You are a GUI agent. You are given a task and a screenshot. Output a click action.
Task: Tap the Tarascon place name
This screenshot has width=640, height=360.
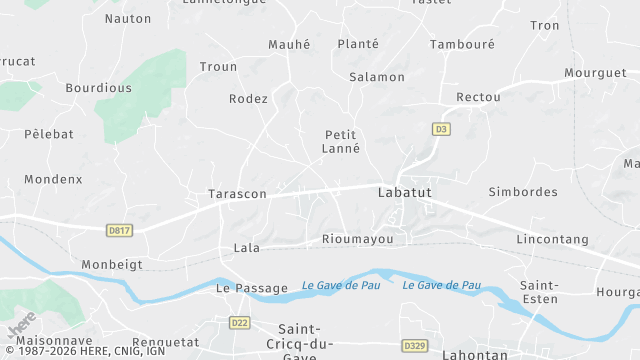[x=237, y=194]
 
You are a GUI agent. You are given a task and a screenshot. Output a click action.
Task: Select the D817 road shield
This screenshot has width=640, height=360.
[x=119, y=231]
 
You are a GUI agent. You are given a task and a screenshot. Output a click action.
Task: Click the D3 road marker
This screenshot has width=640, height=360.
[x=440, y=129]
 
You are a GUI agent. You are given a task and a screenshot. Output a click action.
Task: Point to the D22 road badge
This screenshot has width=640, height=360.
[x=239, y=322]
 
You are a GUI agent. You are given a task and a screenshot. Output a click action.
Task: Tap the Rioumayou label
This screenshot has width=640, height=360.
[x=364, y=239]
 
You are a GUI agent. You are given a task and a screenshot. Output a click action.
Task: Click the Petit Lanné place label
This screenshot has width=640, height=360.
[x=342, y=141]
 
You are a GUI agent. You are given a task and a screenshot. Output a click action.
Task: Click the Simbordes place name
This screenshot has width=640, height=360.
[x=522, y=191]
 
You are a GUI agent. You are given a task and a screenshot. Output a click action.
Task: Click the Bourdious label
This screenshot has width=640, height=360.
[x=98, y=88]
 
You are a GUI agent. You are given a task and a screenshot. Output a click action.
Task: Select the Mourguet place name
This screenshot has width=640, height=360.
[x=595, y=73]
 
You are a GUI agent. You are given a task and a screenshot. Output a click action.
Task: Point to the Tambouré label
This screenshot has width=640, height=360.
[x=463, y=44]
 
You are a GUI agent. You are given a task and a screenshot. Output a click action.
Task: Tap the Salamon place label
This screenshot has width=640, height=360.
[x=377, y=77]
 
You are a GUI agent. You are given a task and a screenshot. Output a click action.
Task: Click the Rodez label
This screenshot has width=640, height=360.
[x=248, y=99]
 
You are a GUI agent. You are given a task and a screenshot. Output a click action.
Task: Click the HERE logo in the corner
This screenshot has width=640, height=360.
[x=22, y=327]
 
